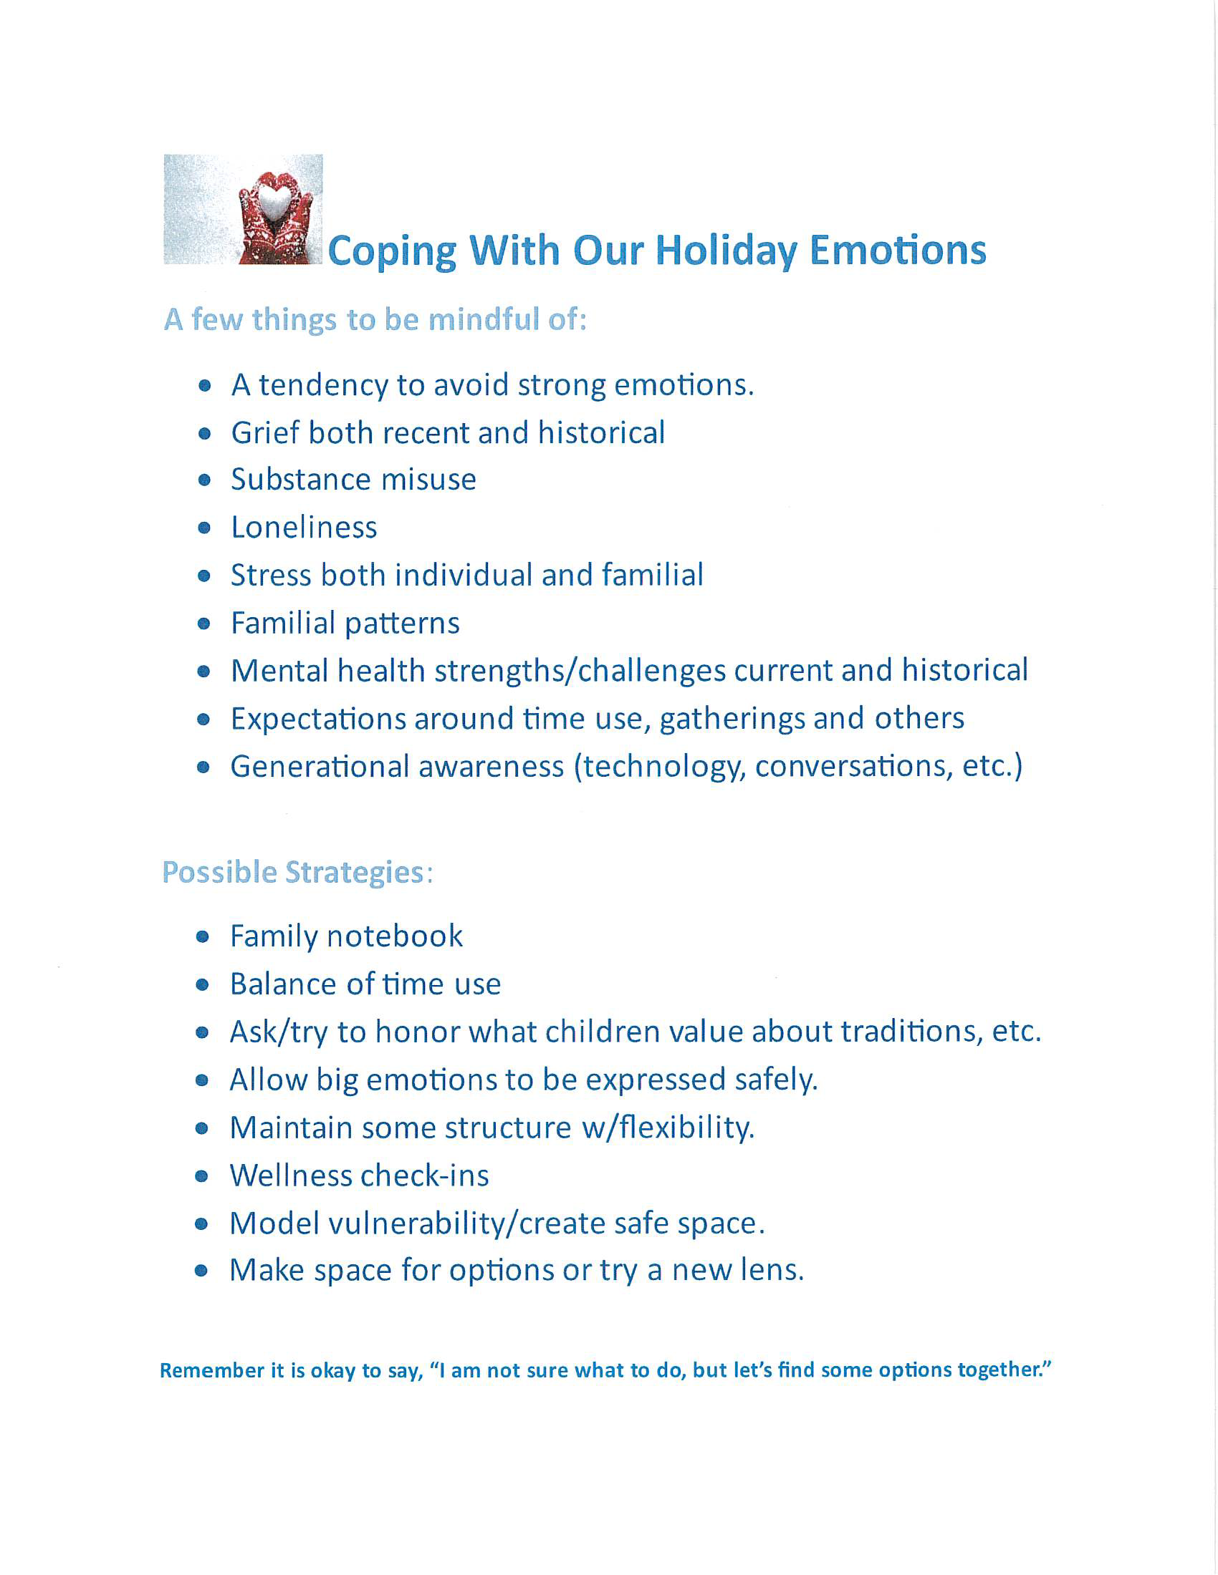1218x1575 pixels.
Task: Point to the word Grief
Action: [x=264, y=432]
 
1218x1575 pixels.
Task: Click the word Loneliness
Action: [x=304, y=528]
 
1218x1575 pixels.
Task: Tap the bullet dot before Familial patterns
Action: [x=204, y=624]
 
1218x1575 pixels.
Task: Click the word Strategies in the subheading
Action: [x=353, y=873]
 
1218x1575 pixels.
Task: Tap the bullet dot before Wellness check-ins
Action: [x=202, y=1177]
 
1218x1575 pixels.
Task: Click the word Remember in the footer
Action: [x=211, y=1370]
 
